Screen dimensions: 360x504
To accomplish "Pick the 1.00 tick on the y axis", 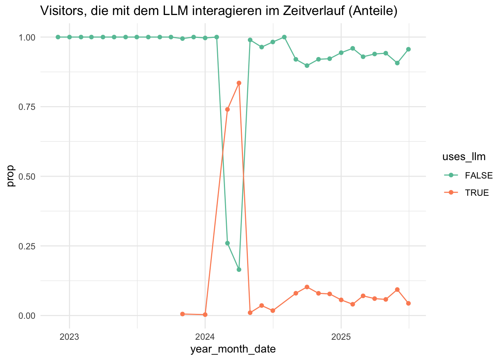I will [27, 37].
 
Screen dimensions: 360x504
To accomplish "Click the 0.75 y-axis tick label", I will [27, 107].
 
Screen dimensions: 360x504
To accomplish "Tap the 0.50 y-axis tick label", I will [27, 176].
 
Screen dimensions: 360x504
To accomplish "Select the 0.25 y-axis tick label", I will [27, 246].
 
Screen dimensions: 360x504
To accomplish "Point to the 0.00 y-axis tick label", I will [27, 315].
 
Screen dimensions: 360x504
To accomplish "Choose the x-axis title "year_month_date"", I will [233, 349].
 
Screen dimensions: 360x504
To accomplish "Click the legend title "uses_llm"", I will [464, 157].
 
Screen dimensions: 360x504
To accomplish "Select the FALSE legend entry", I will [476, 175].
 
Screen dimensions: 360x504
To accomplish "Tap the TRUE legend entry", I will [476, 193].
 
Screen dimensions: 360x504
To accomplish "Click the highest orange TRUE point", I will [239, 83].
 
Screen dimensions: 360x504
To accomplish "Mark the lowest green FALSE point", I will [239, 270].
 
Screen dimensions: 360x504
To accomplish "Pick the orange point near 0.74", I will [227, 109].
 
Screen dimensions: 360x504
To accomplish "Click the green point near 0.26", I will [227, 243].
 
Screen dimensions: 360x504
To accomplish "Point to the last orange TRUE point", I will [408, 303].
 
